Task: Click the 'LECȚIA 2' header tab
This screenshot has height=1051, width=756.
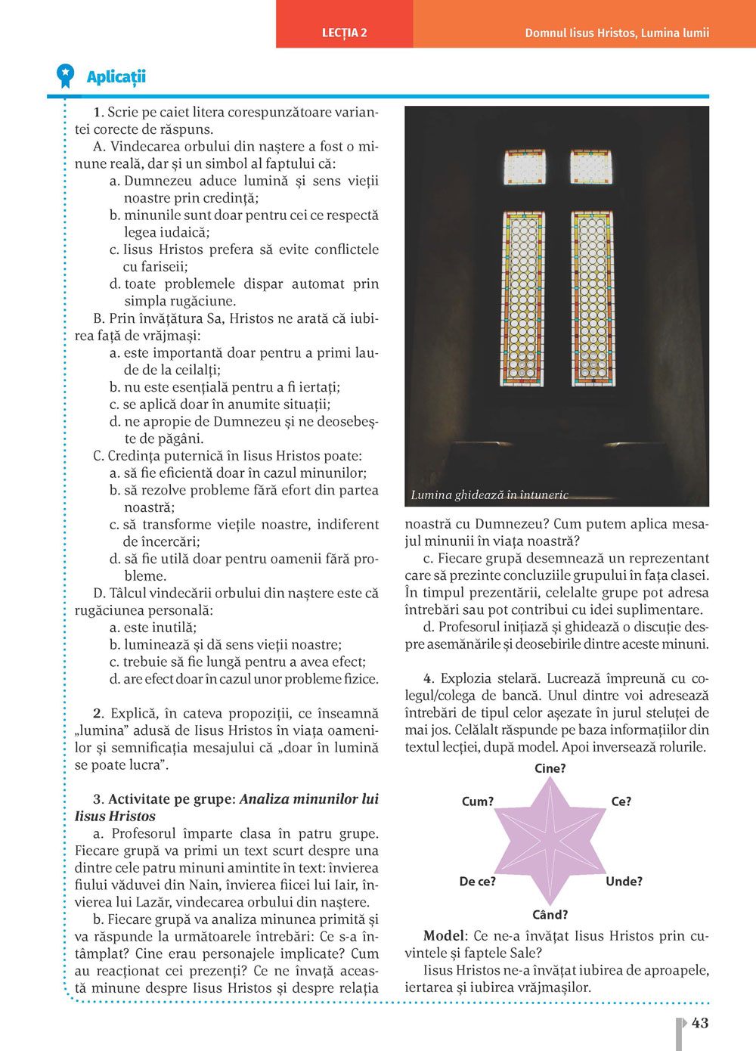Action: tap(344, 33)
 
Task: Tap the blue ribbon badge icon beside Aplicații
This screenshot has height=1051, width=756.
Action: tap(66, 75)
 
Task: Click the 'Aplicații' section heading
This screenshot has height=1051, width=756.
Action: tap(116, 76)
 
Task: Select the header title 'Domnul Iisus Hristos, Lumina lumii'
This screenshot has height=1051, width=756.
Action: tap(617, 33)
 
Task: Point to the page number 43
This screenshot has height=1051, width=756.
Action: tap(700, 1023)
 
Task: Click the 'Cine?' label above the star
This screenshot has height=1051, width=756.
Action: tap(550, 768)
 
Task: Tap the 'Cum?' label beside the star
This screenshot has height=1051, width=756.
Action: tap(478, 801)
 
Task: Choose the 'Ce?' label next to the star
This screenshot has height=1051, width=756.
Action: tap(621, 801)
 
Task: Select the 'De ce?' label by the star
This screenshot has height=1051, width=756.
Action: tap(478, 881)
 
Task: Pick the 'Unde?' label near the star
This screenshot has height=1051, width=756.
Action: tap(624, 881)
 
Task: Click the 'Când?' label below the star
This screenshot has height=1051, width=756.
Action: tap(550, 915)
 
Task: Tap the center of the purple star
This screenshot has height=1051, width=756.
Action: tap(550, 841)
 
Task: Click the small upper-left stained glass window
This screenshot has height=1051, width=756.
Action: tap(525, 167)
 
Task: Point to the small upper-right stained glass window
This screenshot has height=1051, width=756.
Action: tap(591, 167)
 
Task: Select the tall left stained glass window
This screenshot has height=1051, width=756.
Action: tap(523, 299)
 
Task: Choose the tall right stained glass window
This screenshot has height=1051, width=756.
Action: tap(592, 299)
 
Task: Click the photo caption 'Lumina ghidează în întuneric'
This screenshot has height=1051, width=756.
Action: tap(489, 495)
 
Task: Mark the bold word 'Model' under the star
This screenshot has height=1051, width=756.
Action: tap(444, 936)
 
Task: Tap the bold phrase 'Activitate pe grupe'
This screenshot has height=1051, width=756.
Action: tap(172, 799)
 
